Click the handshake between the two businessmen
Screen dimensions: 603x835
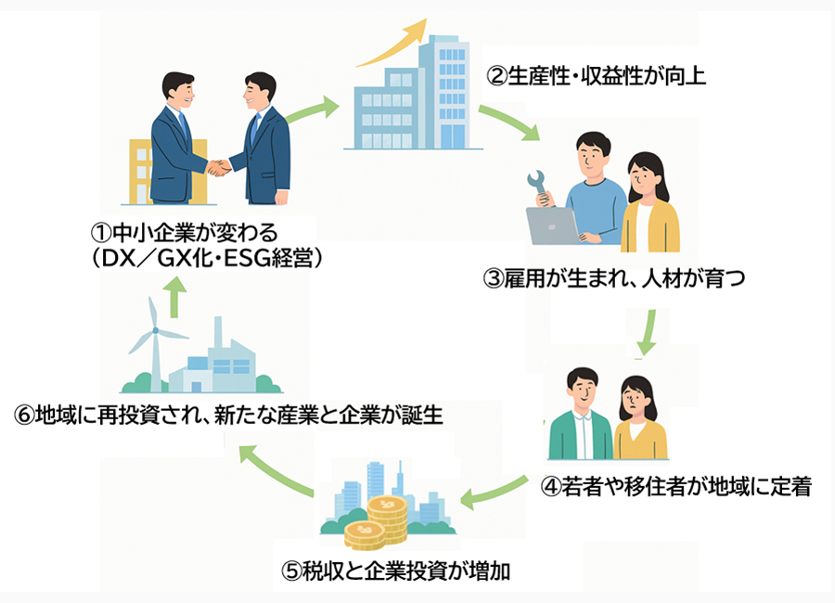point(220,168)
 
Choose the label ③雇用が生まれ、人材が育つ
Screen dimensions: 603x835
point(614,278)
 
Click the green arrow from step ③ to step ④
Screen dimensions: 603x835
point(648,331)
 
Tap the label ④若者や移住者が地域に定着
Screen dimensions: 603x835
point(676,486)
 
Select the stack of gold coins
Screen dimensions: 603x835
point(376,521)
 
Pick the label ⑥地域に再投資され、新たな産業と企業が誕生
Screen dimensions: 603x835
point(228,415)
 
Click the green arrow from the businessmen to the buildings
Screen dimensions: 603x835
point(312,111)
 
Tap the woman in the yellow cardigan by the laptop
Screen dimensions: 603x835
point(649,204)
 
